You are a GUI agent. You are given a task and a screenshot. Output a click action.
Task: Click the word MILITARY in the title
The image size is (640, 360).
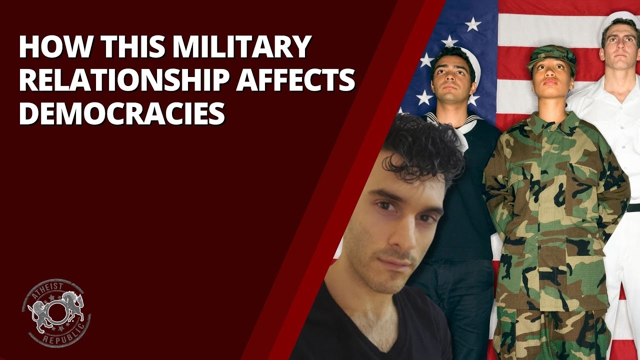(241, 46)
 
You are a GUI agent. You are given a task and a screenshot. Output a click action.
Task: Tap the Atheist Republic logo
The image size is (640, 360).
(56, 313)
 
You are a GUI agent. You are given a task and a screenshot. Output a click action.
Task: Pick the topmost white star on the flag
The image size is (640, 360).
(473, 24)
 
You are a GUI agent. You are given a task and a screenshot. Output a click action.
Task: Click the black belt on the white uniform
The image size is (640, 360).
(633, 207)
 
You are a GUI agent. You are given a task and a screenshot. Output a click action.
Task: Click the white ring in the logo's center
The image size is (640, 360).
(56, 312)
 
